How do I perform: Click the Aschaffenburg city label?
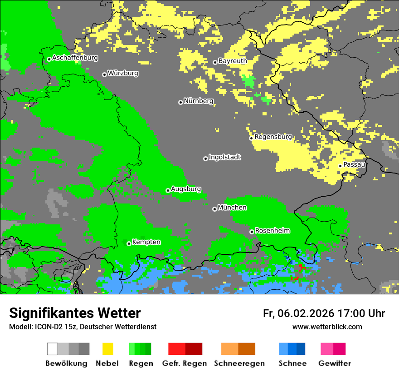75,58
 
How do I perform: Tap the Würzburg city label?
123,73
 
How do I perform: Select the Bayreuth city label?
233,61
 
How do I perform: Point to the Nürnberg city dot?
180,102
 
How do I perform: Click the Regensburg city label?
273,137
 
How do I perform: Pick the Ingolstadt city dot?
205,159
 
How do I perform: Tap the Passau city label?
354,164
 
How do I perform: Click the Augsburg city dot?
168,190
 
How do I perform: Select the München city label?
232,208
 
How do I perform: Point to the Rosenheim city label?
272,231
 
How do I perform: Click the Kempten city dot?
129,243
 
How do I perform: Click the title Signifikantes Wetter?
75,313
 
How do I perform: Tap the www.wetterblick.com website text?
327,327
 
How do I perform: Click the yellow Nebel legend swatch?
107,349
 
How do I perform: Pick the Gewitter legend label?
335,363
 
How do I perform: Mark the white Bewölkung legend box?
53,349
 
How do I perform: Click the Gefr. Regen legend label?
185,363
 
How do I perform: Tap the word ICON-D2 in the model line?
45,327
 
